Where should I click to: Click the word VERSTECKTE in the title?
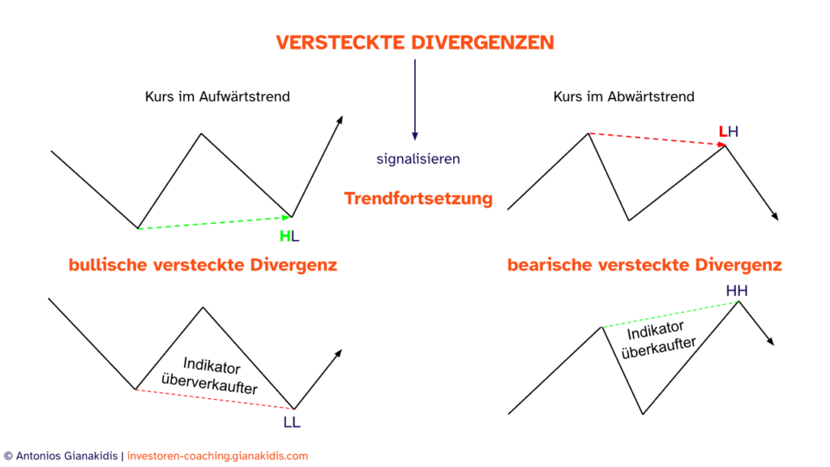point(340,43)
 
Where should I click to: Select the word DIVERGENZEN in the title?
point(482,43)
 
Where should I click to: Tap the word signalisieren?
point(417,159)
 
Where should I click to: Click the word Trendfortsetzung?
point(417,199)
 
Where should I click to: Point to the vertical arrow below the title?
point(415,97)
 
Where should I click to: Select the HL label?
point(289,237)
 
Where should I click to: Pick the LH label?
point(728,131)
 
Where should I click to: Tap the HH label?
point(736,291)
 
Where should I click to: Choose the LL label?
point(292,422)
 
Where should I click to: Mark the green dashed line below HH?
point(670,315)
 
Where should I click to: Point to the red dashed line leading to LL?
point(214,399)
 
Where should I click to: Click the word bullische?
point(108,265)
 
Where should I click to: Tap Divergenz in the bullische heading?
point(293,265)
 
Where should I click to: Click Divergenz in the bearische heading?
point(738,265)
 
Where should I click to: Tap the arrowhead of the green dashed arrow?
point(285,217)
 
